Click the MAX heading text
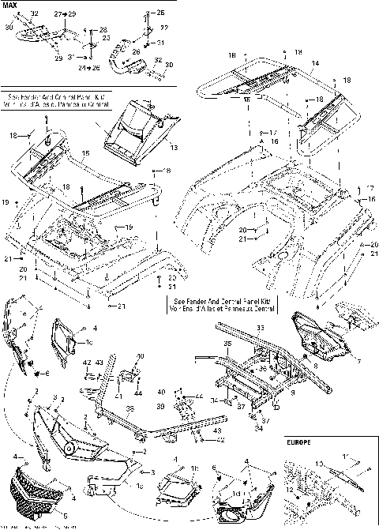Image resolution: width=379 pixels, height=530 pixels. tap(10, 5)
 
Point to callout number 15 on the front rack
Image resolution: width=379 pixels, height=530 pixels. tap(85, 151)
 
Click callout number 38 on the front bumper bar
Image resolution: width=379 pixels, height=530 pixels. tap(129, 408)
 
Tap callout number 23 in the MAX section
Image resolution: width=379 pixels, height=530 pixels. tap(106, 37)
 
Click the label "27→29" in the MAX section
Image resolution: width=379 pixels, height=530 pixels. tap(66, 15)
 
